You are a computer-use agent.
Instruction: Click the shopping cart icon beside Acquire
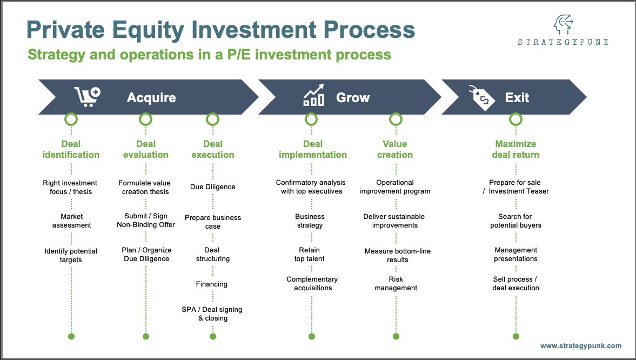click(87, 97)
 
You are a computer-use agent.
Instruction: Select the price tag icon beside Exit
click(481, 97)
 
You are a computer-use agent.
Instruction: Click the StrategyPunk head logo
click(562, 25)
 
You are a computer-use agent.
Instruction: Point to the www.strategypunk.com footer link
click(581, 346)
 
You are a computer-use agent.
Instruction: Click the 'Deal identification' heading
click(71, 149)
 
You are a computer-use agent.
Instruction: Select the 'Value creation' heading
click(395, 149)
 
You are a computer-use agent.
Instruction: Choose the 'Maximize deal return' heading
click(516, 149)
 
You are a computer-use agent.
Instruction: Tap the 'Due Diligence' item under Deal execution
click(212, 187)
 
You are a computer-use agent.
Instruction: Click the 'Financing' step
click(212, 284)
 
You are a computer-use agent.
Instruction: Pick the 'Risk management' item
click(396, 284)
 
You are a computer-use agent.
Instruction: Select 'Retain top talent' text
click(310, 255)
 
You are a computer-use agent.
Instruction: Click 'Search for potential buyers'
click(516, 221)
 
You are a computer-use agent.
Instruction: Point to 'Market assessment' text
click(71, 221)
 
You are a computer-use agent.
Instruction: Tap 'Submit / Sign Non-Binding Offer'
click(146, 221)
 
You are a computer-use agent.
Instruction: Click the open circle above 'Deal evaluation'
click(146, 119)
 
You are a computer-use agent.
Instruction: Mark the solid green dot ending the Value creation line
click(396, 336)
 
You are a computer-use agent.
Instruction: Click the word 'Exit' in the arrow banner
click(517, 98)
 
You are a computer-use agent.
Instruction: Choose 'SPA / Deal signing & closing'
click(212, 314)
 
